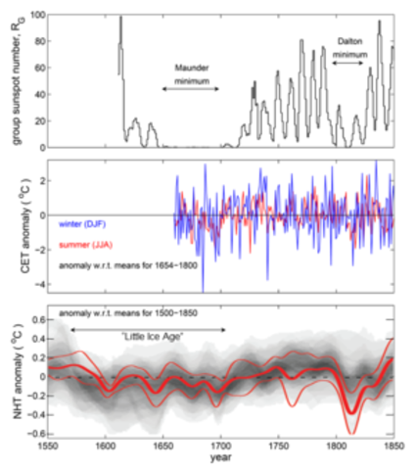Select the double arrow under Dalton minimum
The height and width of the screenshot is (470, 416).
(350, 69)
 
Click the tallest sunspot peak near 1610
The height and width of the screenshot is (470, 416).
(120, 18)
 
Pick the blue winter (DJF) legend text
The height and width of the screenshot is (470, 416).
(84, 222)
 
